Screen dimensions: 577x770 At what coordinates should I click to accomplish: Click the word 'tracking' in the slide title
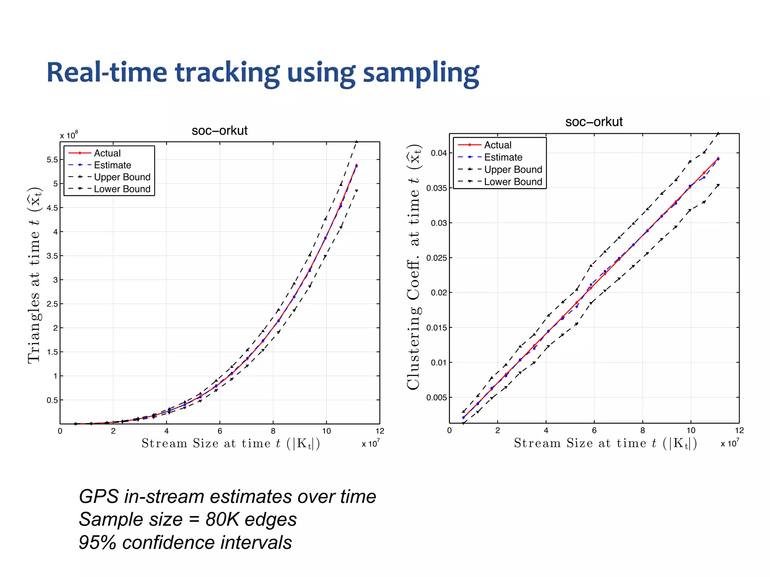click(227, 73)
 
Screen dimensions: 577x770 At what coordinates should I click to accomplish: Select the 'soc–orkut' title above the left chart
click(220, 131)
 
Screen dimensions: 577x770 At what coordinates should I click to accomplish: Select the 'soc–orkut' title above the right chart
click(594, 122)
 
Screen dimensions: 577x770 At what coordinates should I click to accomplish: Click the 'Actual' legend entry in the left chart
click(107, 153)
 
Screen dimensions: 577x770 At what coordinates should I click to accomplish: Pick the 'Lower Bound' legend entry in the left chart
click(122, 189)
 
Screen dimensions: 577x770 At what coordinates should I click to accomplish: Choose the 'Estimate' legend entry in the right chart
click(503, 157)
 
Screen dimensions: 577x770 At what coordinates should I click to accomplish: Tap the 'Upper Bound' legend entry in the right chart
click(513, 170)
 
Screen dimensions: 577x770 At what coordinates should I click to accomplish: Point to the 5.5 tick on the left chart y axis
click(52, 160)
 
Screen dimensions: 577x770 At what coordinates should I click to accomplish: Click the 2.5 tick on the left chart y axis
click(52, 304)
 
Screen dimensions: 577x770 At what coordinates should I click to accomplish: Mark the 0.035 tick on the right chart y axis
click(437, 188)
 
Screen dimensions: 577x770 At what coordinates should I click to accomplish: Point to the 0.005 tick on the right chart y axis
click(437, 397)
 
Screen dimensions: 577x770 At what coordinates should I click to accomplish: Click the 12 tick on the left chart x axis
click(380, 431)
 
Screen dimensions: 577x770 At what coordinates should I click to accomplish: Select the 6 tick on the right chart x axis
click(594, 430)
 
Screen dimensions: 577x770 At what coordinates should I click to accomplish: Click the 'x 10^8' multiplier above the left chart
click(69, 135)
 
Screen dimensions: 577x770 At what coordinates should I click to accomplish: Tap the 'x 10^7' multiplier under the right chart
click(729, 443)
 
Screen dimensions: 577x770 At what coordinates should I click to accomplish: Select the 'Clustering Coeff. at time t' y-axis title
click(414, 267)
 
